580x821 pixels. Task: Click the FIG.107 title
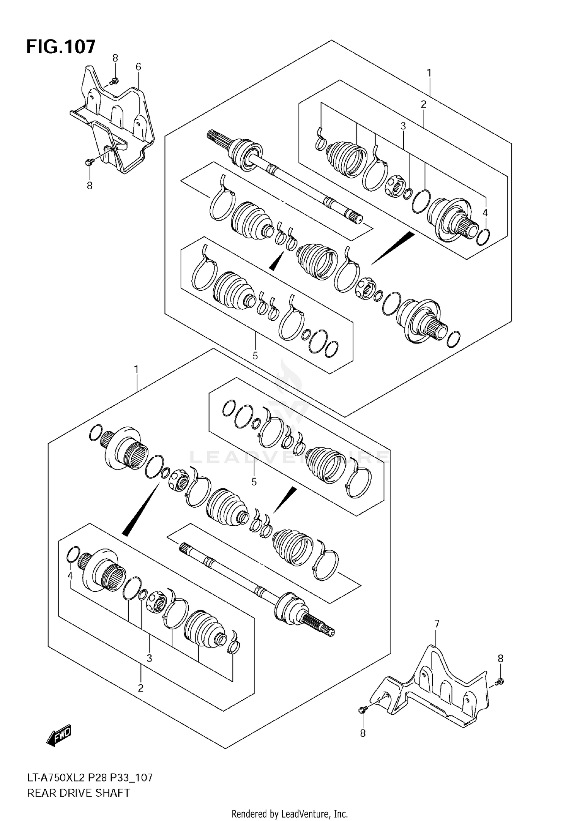click(61, 47)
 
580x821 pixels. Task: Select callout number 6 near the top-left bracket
click(138, 67)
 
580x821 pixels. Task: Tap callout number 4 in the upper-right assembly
click(485, 212)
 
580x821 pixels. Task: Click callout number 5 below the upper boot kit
click(255, 356)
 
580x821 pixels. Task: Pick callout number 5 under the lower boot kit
click(254, 482)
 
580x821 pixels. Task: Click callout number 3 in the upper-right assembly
click(403, 126)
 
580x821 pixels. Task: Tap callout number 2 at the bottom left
click(140, 688)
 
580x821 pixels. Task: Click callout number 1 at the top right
click(429, 73)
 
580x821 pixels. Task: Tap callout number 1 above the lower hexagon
click(136, 370)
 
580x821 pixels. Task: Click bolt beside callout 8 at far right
click(499, 683)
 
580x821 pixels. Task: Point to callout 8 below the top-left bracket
click(89, 186)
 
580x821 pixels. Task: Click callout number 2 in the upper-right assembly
click(423, 104)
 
